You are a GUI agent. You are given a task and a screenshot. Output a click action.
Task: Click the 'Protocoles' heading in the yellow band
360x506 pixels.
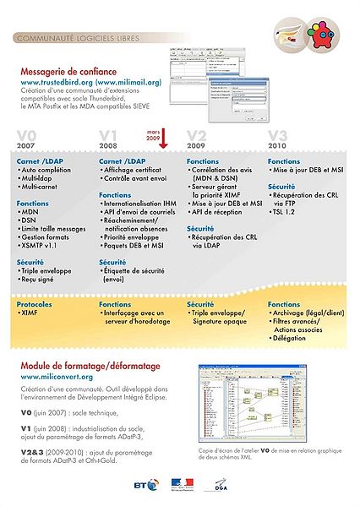(35, 303)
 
